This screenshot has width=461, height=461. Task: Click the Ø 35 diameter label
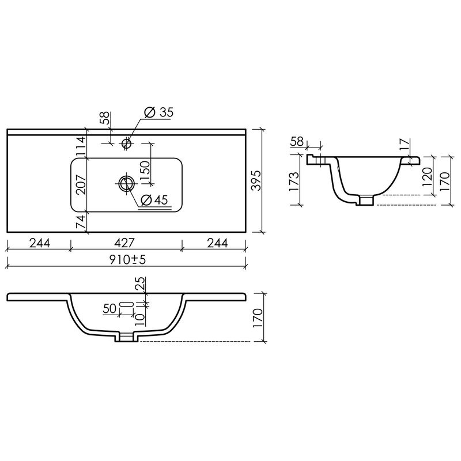click(x=159, y=112)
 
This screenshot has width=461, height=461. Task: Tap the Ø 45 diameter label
click(x=154, y=200)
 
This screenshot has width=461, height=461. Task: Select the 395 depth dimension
click(x=256, y=180)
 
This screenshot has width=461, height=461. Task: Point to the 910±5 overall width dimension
click(x=127, y=260)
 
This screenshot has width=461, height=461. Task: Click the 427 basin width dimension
click(x=124, y=243)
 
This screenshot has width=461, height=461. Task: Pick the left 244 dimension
click(x=39, y=243)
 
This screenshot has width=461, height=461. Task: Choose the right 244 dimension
click(x=217, y=243)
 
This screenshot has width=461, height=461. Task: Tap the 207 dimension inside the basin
click(x=80, y=184)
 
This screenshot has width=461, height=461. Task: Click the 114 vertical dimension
click(x=80, y=146)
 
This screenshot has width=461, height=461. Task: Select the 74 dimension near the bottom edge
click(x=80, y=222)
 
